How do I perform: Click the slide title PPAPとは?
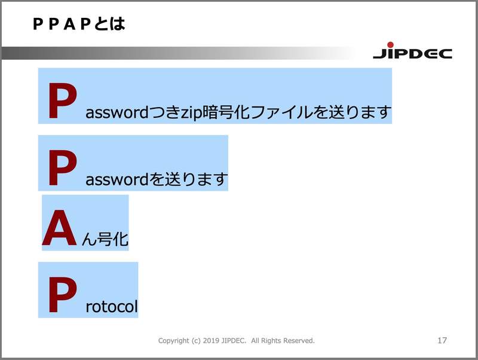(x=78, y=25)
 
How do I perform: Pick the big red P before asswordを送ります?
(x=62, y=169)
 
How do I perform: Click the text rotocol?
(x=112, y=307)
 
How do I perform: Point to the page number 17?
(x=442, y=340)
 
